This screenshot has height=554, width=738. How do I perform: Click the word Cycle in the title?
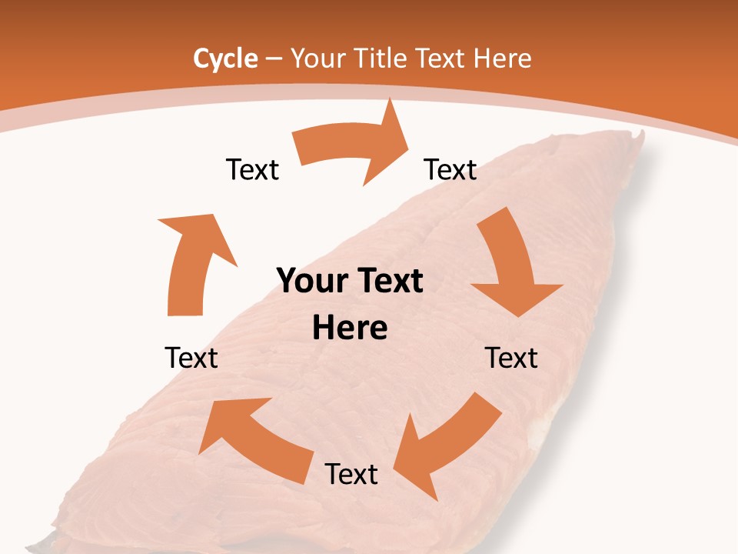225,58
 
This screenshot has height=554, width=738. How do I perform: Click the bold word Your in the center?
310,282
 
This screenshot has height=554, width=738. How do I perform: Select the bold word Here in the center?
350,328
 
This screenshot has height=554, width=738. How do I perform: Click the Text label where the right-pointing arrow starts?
252,169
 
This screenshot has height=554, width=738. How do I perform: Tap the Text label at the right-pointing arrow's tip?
450,169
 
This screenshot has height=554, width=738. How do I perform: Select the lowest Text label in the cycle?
351,474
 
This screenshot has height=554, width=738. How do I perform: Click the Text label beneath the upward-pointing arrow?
191,358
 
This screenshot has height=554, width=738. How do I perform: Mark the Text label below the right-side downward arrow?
511,358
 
